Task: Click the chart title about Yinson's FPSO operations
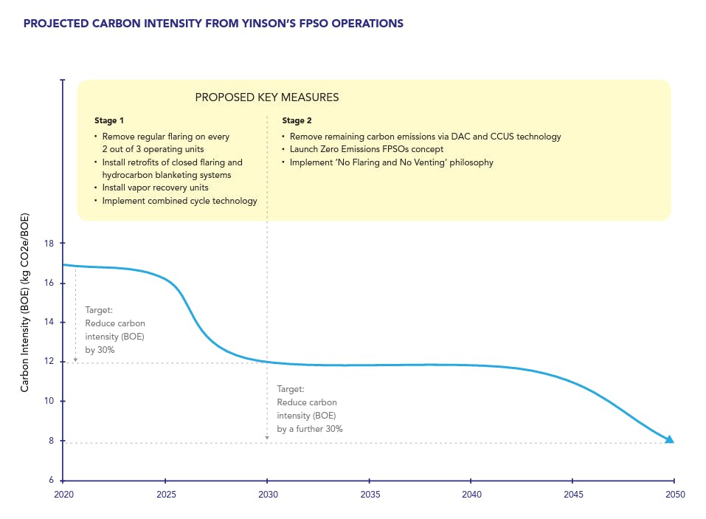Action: coord(213,24)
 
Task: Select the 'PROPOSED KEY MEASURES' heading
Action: coord(266,97)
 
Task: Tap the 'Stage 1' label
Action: coord(110,120)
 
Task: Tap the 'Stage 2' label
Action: coord(298,120)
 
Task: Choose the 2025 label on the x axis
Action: coord(165,495)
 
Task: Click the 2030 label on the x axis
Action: coord(267,495)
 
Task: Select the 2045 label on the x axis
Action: coord(572,495)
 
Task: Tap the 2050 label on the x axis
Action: coord(674,495)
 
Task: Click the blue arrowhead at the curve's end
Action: coord(668,439)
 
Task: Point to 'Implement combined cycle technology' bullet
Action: coord(179,201)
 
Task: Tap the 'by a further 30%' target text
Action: coord(309,429)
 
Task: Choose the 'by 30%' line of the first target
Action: coord(100,350)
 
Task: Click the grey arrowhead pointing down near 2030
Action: coord(267,439)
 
